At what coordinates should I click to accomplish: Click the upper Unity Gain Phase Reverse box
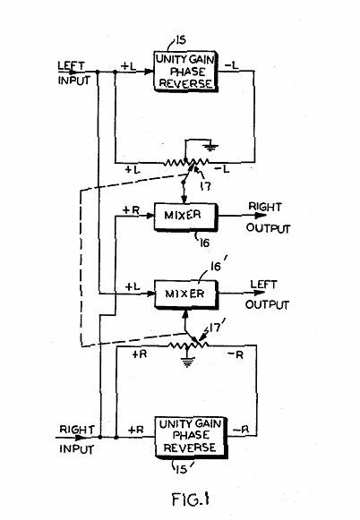tap(185, 72)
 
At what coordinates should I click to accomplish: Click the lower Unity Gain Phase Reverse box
tap(191, 437)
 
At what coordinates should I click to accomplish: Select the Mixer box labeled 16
tap(185, 217)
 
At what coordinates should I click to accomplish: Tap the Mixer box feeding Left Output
tap(186, 294)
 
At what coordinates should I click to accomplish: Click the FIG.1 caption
tap(190, 499)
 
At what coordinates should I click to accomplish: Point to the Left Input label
tap(73, 73)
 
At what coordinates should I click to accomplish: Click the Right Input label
tap(77, 439)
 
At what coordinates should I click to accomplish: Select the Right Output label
tap(268, 217)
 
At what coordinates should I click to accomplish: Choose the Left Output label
tap(267, 294)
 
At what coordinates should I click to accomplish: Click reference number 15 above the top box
tap(181, 40)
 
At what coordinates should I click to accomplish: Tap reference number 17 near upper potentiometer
tap(206, 186)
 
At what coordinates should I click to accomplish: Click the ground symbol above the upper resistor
tap(210, 147)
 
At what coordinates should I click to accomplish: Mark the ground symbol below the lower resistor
tap(188, 362)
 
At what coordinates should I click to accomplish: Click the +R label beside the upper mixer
tap(131, 210)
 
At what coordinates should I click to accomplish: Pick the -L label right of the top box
tap(232, 65)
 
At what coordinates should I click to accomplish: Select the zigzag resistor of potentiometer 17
tap(186, 162)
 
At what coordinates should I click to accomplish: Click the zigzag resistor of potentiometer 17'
tap(188, 345)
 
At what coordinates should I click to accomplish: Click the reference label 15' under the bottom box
tap(184, 469)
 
